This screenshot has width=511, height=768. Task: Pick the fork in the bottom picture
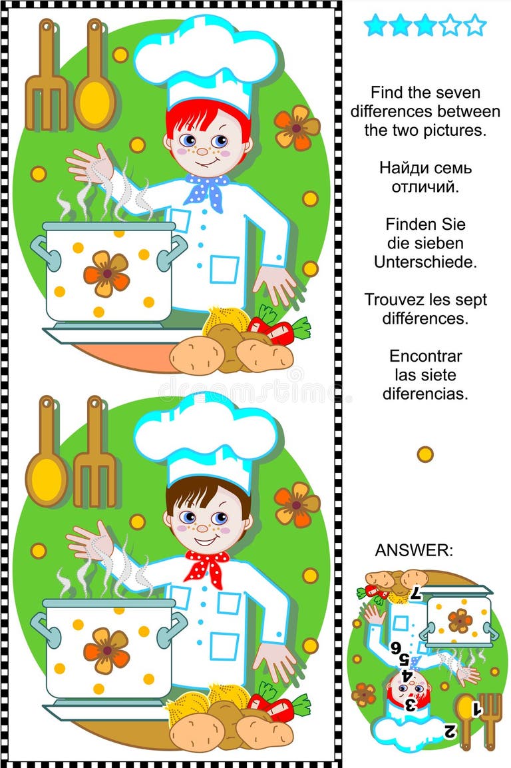[x=94, y=452]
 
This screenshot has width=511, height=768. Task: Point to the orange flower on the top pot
[x=106, y=274]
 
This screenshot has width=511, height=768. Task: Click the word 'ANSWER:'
[x=414, y=550]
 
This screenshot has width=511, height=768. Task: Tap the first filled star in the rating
[x=375, y=25]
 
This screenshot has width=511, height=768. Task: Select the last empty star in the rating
[x=475, y=25]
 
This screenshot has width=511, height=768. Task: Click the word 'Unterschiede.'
[x=425, y=262]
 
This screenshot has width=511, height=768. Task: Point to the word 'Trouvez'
[x=391, y=300]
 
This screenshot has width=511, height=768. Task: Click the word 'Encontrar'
[x=425, y=356]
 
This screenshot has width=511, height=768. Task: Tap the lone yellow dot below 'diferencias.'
[x=425, y=454]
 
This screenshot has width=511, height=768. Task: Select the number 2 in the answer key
[x=449, y=731]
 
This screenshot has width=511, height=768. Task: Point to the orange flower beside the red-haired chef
[x=296, y=127]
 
